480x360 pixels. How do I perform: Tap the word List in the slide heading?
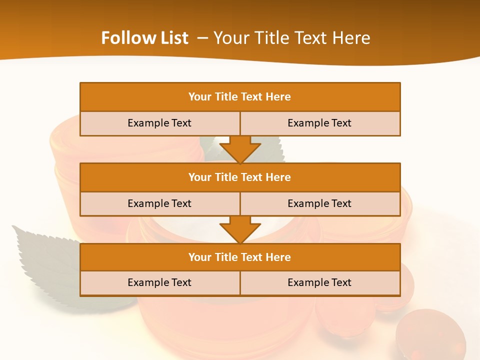(x=172, y=38)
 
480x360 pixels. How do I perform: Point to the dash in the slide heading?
(x=203, y=38)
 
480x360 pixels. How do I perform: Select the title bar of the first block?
(x=240, y=97)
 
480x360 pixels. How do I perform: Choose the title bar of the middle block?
(x=240, y=177)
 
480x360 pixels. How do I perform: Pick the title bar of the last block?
(x=240, y=257)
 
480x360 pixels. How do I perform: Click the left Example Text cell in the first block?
(x=159, y=123)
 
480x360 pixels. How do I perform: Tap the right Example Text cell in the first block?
(x=319, y=123)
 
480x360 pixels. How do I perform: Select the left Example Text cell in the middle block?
(x=159, y=203)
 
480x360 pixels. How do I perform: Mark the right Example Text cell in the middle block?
(x=319, y=203)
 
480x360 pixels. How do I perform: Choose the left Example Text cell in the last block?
(x=159, y=282)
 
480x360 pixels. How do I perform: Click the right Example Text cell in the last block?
(x=319, y=282)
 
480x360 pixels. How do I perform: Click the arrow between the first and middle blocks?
(x=240, y=149)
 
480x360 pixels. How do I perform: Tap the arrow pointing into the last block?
(x=240, y=229)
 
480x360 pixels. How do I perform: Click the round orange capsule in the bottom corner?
(x=430, y=335)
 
